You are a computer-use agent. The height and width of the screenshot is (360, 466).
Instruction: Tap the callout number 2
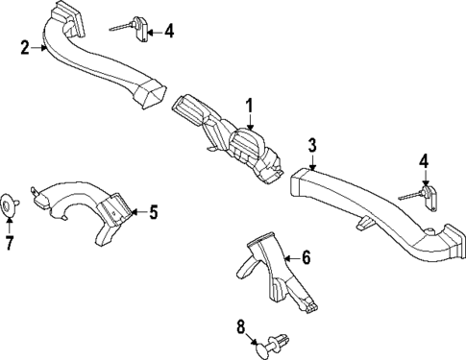coord(25,46)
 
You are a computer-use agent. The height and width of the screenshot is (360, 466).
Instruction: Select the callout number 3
coord(312,145)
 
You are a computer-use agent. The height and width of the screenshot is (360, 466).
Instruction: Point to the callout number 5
coord(153,211)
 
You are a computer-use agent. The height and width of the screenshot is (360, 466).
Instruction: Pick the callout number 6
coord(307,256)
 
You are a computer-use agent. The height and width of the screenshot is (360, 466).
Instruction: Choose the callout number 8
coord(240,327)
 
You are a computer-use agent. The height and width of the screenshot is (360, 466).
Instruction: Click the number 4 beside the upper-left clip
coord(169,31)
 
